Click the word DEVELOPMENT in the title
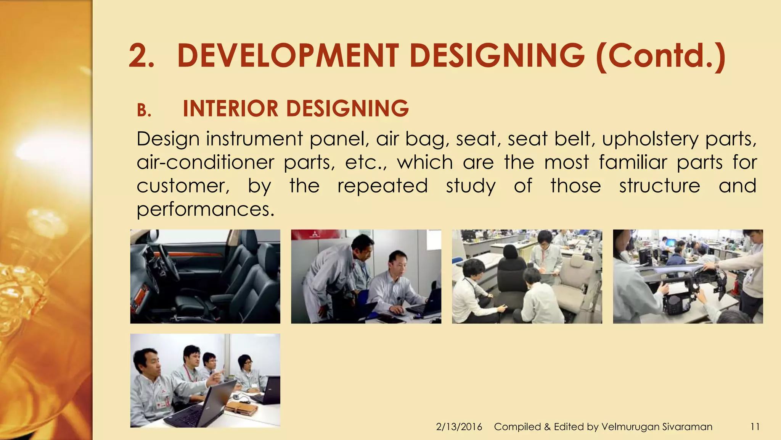(x=288, y=56)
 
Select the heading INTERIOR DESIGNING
(x=296, y=108)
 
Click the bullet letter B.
(x=144, y=111)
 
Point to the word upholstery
(x=650, y=139)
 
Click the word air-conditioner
(x=205, y=163)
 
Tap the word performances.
(x=205, y=210)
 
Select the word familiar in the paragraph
(x=633, y=162)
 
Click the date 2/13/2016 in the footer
(x=459, y=427)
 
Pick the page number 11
(x=755, y=427)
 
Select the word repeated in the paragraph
(x=382, y=186)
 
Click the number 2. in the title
(x=141, y=56)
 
